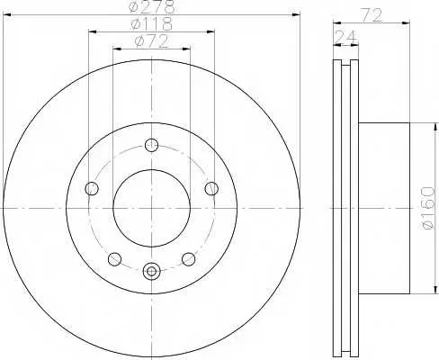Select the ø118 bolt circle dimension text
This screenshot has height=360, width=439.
152,24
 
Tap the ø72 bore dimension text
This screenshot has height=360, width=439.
152,41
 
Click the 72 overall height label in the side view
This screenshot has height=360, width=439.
372,15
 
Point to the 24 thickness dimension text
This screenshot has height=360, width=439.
346,37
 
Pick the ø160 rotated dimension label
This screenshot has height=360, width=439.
427,208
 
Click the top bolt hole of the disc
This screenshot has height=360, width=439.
152,145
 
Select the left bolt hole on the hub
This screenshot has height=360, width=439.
92,188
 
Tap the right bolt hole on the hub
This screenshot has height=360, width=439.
211,188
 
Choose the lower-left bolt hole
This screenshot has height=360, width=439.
114,259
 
